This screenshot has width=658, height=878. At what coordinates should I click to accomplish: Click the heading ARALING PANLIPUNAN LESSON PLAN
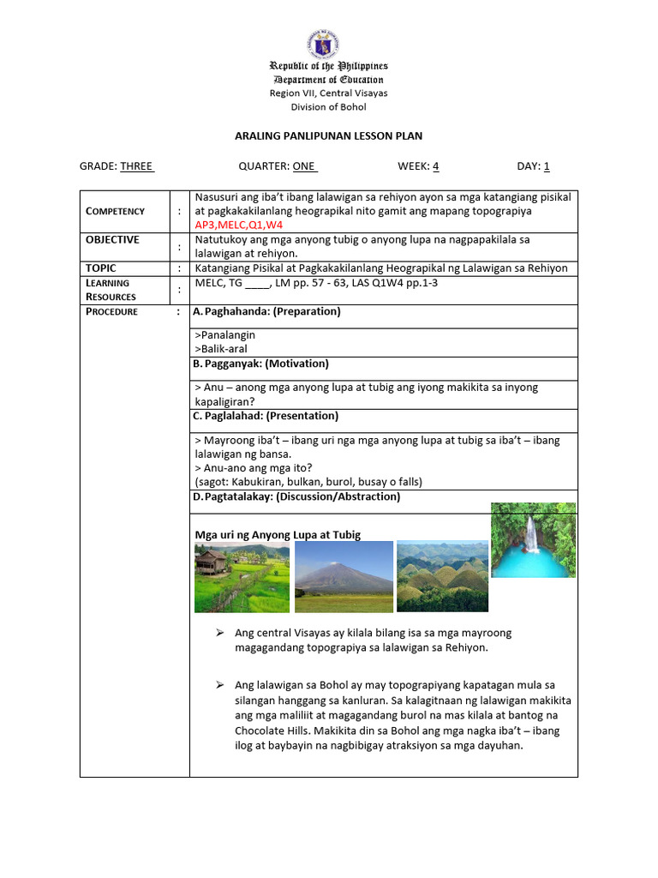[328, 135]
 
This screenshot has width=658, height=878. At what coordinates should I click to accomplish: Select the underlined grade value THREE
[136, 166]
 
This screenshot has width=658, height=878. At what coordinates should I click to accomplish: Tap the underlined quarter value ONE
[305, 166]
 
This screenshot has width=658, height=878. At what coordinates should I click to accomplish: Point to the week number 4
[435, 166]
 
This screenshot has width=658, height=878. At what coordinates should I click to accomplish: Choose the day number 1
[547, 166]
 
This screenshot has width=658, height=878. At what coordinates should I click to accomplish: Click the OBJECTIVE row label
[112, 240]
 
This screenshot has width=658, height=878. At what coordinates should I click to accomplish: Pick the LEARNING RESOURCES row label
[111, 290]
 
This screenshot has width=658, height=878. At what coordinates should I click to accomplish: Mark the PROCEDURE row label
[111, 311]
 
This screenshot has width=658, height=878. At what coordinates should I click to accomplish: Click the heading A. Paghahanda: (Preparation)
[266, 311]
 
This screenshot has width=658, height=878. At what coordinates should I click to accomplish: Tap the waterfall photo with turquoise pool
[533, 540]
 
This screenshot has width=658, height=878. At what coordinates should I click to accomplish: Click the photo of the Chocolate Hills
[442, 576]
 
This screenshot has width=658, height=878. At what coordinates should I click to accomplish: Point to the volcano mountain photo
[344, 576]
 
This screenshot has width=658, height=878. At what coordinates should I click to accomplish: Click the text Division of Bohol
[328, 107]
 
